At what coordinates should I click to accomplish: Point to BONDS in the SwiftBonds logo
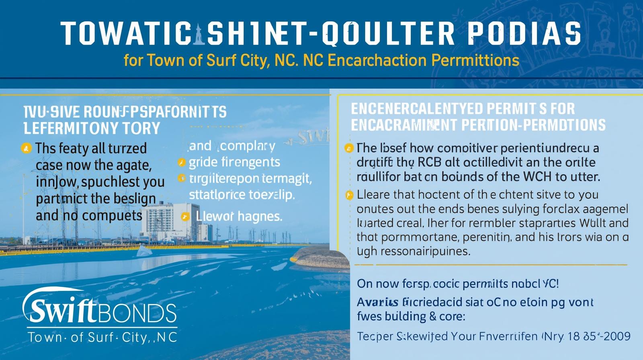click(x=137, y=313)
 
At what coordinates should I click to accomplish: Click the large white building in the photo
click(x=169, y=221)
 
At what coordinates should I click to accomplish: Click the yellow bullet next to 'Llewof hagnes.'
click(x=185, y=217)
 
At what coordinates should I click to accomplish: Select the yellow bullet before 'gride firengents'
click(x=181, y=163)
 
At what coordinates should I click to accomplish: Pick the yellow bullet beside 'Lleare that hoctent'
click(x=348, y=195)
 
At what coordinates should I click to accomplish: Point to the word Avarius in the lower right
click(x=377, y=302)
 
